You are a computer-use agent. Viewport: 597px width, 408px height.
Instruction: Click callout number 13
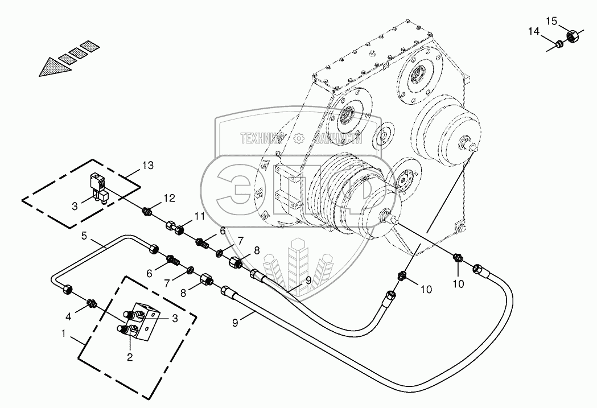coord(148,166)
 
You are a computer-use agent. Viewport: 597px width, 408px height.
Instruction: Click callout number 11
coord(199,216)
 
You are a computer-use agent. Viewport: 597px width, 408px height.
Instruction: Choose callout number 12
coord(169,197)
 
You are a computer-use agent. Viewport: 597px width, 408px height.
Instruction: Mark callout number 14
coord(533,32)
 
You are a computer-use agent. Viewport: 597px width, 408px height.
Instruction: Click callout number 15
coord(551,21)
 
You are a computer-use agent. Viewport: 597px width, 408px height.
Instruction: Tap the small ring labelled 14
coord(560,43)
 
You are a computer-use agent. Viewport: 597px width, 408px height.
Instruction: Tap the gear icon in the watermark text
coord(299,138)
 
